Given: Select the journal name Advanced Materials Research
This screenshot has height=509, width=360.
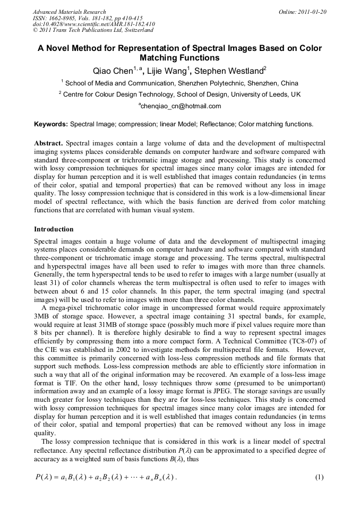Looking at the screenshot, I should click(69, 12).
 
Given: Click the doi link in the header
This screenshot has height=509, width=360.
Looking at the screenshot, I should click(93, 24).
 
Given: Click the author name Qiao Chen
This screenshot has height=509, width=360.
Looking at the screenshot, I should click(112, 71).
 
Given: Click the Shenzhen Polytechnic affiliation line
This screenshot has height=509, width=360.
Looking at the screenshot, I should click(181, 83).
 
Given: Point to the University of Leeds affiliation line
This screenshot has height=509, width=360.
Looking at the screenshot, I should click(181, 94).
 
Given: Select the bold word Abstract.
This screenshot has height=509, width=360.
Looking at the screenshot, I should click(48, 144).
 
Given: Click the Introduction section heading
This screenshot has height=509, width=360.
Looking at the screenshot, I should click(54, 229).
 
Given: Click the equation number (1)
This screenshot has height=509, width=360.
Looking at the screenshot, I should click(319, 477).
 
